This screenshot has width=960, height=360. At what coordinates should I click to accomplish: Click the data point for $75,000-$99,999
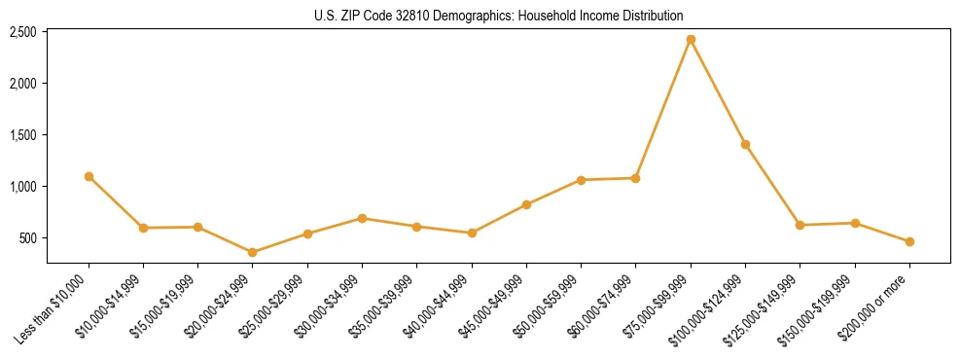[x=691, y=40]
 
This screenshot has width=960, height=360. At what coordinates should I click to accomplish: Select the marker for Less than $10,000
[x=89, y=177]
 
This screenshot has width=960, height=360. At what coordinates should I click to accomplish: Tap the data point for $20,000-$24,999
[x=253, y=252]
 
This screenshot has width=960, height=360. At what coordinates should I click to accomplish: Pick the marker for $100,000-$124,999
[x=745, y=144]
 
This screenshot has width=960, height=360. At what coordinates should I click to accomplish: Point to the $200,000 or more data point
[x=909, y=241]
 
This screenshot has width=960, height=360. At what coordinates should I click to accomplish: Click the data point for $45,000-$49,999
[x=526, y=204]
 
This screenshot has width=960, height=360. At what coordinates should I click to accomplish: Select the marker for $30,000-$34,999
[x=362, y=218]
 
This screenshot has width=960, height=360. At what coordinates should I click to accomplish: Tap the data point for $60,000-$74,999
[x=635, y=178]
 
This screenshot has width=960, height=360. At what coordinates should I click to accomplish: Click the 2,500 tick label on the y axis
[x=22, y=32]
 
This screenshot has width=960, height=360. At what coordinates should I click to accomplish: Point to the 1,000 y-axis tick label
[x=22, y=187]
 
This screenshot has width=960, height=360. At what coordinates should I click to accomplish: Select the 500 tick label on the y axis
[x=27, y=238]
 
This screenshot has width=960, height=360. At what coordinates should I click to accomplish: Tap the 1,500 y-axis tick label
[x=22, y=135]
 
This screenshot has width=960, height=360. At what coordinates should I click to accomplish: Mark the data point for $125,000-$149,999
[x=800, y=225]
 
